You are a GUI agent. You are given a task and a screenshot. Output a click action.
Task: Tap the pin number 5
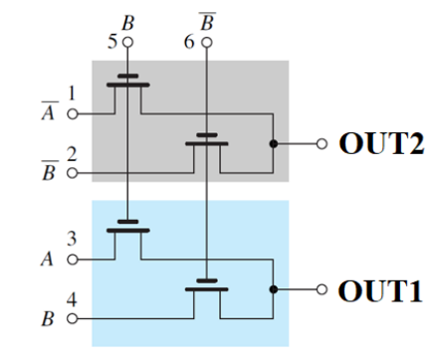[x=111, y=44]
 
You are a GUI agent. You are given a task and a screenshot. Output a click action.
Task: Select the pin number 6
[x=190, y=44]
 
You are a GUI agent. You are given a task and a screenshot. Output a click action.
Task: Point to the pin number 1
[x=71, y=93]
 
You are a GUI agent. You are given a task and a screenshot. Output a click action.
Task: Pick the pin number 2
[x=71, y=154]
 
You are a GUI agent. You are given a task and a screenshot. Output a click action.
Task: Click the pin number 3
[x=71, y=238]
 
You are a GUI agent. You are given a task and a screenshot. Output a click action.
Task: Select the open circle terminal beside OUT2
[x=321, y=144]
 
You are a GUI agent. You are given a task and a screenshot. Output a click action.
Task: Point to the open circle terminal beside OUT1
[x=321, y=292]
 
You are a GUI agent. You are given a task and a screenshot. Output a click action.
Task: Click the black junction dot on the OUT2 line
[x=272, y=144]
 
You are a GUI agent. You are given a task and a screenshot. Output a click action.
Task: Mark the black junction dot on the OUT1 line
[x=272, y=292]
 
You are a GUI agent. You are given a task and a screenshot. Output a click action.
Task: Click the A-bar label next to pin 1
[x=46, y=107]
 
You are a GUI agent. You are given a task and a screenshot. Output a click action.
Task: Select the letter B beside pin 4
[x=46, y=320]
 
